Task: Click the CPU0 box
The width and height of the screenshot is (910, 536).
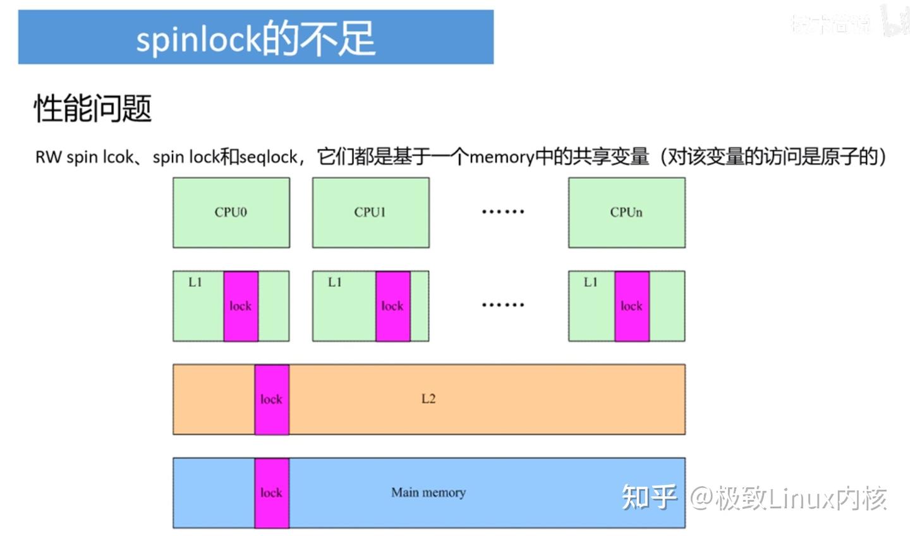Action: [231, 212]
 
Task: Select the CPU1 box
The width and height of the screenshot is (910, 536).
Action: [370, 212]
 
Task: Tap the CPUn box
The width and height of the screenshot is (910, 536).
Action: [626, 212]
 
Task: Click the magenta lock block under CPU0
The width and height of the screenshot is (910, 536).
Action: [240, 307]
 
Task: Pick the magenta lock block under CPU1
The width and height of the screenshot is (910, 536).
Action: [392, 307]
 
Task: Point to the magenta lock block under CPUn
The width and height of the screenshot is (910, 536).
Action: [631, 307]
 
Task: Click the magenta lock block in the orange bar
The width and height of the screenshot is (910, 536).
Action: [272, 399]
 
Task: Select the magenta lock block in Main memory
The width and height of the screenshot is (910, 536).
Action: [272, 493]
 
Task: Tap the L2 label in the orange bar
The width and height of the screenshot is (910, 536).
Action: [428, 399]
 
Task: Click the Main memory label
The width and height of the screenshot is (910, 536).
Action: [428, 492]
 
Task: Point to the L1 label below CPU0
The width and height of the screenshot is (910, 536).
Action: [195, 283]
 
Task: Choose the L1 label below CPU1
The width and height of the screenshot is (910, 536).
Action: [335, 283]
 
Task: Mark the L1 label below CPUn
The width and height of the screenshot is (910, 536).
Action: [591, 283]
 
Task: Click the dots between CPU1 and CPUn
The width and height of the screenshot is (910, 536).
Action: [503, 212]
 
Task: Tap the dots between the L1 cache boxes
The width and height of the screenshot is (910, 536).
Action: [503, 305]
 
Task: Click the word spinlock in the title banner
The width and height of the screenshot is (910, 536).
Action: [198, 39]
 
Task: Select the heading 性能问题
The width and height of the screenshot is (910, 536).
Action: [93, 108]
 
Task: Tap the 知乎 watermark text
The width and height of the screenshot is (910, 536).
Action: [649, 497]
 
